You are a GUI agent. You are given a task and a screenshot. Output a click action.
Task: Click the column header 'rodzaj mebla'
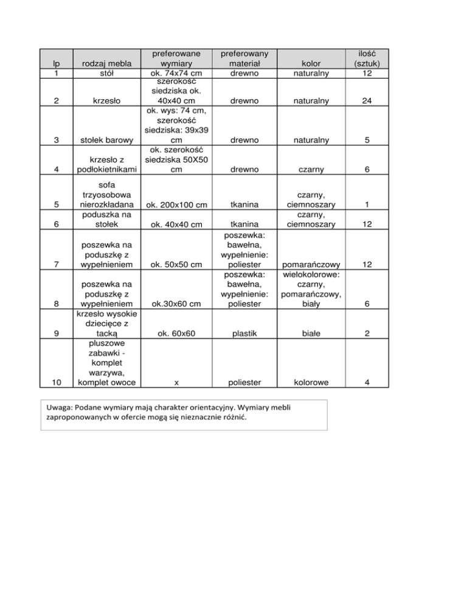click(x=102, y=63)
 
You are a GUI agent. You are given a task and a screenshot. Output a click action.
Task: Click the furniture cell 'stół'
click(x=102, y=74)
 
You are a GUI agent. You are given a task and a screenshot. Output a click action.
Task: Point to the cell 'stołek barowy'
click(x=102, y=141)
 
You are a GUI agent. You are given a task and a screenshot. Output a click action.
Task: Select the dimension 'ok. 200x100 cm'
click(x=176, y=206)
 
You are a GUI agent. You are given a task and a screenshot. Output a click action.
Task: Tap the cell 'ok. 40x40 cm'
click(x=176, y=225)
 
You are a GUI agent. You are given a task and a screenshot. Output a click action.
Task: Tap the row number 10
click(x=57, y=382)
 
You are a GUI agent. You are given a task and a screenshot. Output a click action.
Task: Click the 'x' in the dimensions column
click(x=176, y=382)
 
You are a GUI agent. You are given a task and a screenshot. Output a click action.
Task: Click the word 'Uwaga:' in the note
click(x=60, y=407)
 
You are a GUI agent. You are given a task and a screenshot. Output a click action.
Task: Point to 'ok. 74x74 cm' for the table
click(x=176, y=74)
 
